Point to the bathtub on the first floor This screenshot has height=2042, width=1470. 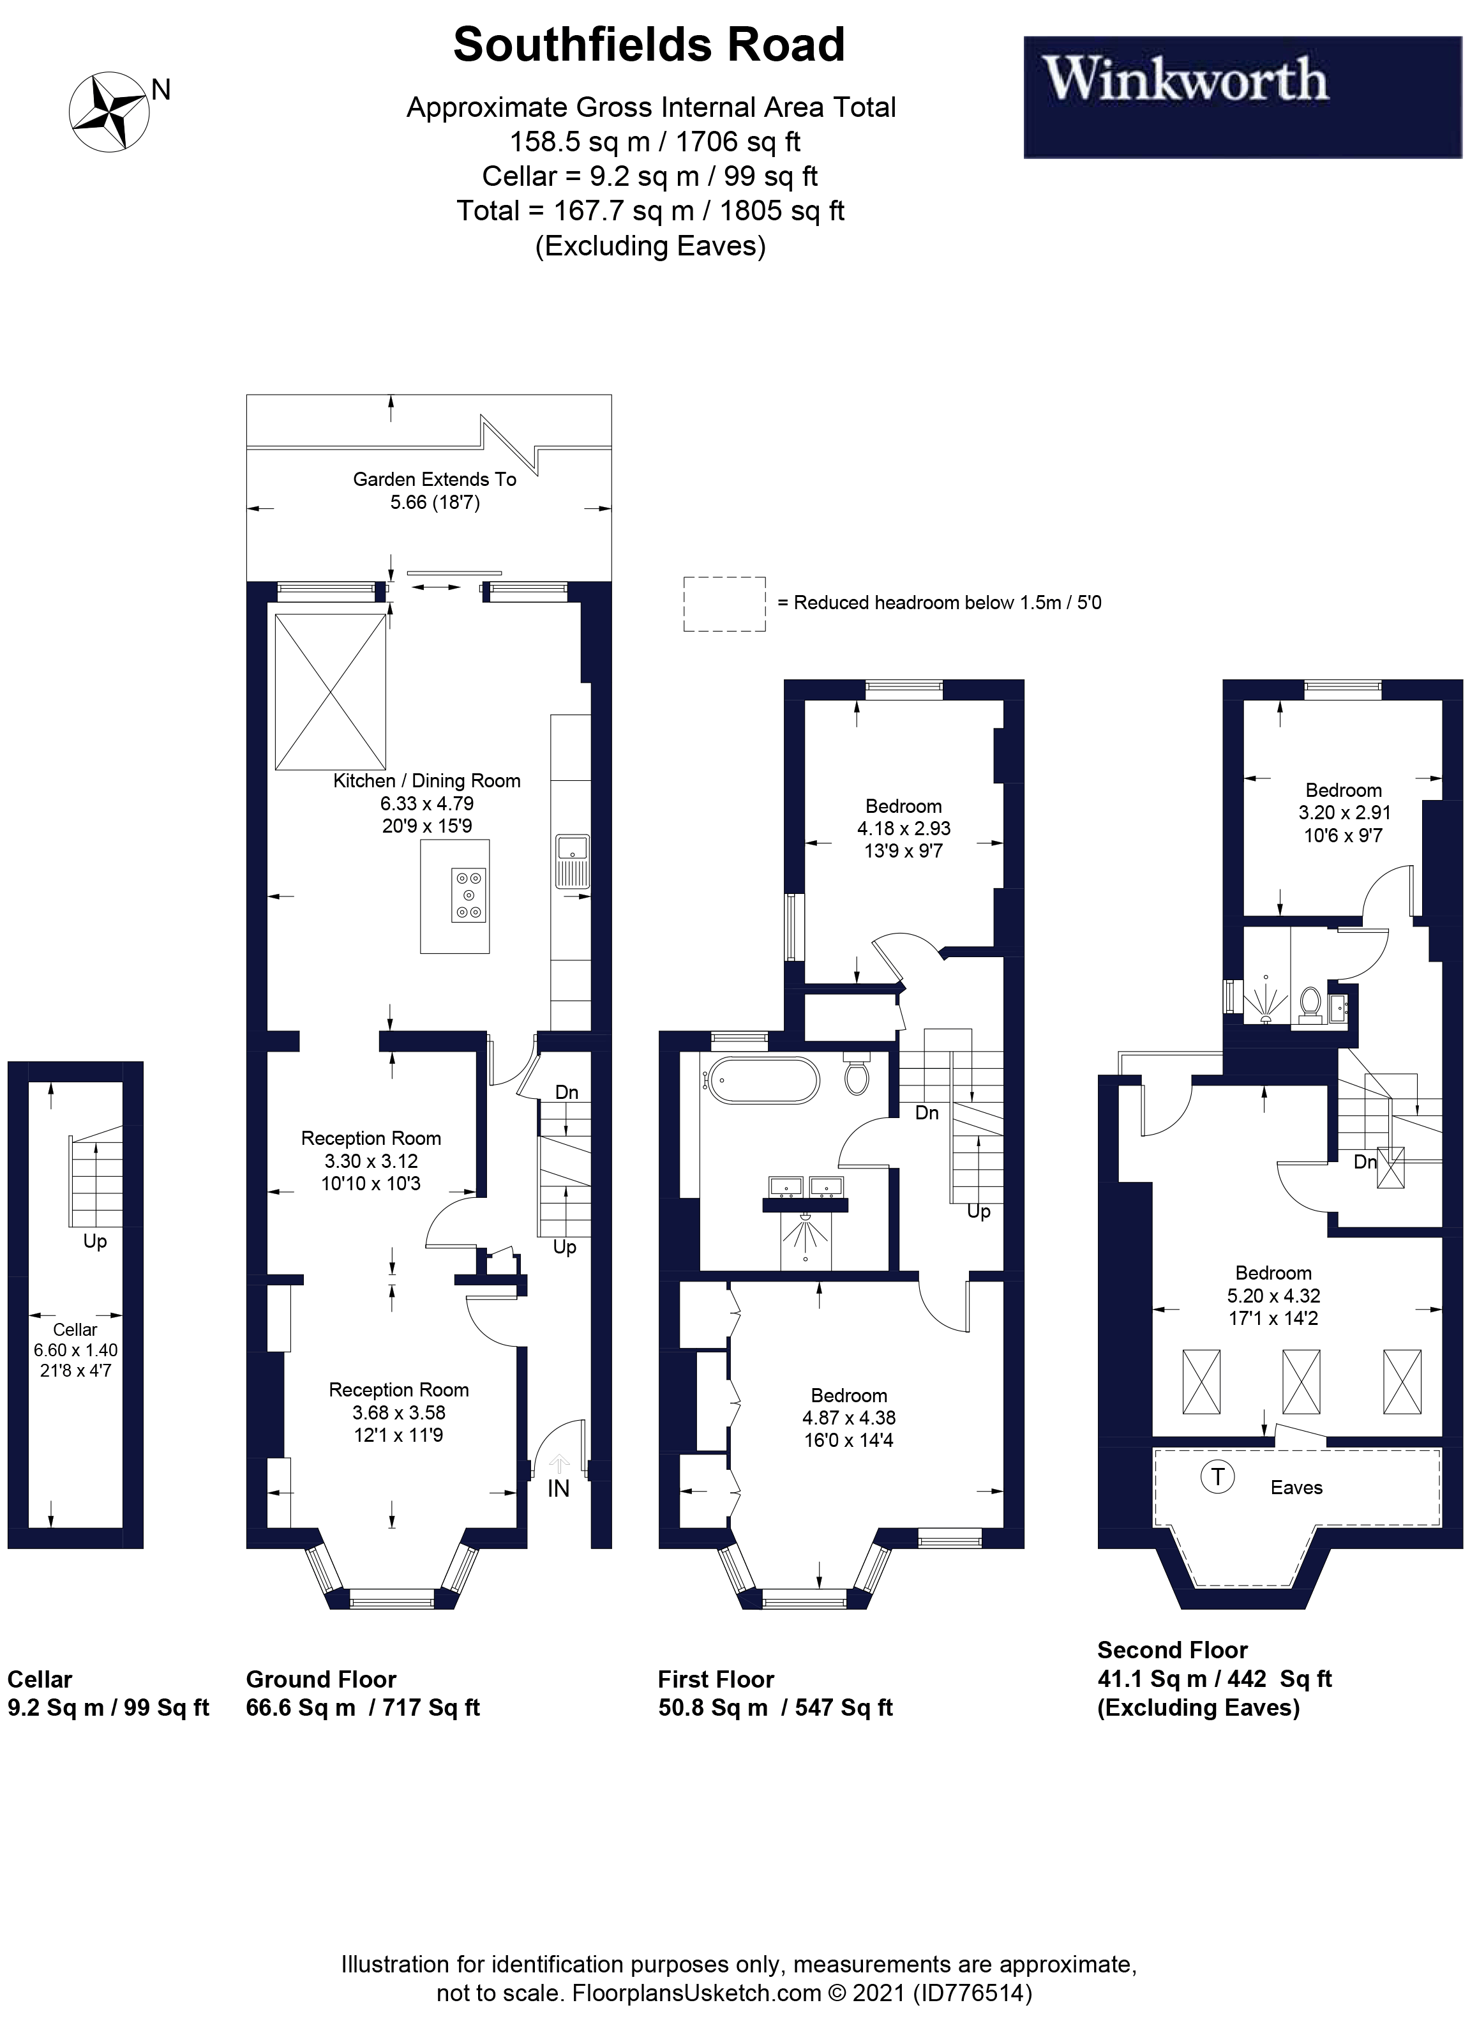pyautogui.click(x=763, y=1080)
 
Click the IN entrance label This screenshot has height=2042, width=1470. pyautogui.click(x=558, y=1488)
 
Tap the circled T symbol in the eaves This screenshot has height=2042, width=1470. pyautogui.click(x=1217, y=1476)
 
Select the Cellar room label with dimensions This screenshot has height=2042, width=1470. pyautogui.click(x=75, y=1350)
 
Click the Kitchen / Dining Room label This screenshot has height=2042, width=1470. pyautogui.click(x=426, y=781)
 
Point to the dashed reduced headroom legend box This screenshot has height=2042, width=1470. pyautogui.click(x=724, y=603)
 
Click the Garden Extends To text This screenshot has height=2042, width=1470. pyautogui.click(x=434, y=479)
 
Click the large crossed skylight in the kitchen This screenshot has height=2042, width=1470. pyautogui.click(x=331, y=692)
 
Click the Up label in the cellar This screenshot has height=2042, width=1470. pyautogui.click(x=94, y=1241)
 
